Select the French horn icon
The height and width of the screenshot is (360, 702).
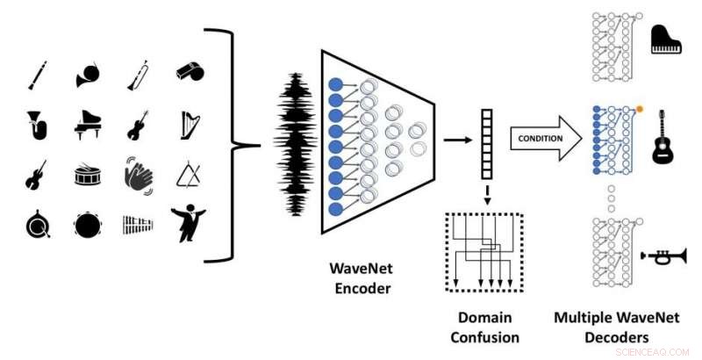87,74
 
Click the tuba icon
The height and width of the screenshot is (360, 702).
36,126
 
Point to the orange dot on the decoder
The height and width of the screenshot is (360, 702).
640,110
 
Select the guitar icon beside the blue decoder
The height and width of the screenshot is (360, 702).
662,144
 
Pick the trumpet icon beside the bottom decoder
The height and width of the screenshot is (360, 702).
666,256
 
